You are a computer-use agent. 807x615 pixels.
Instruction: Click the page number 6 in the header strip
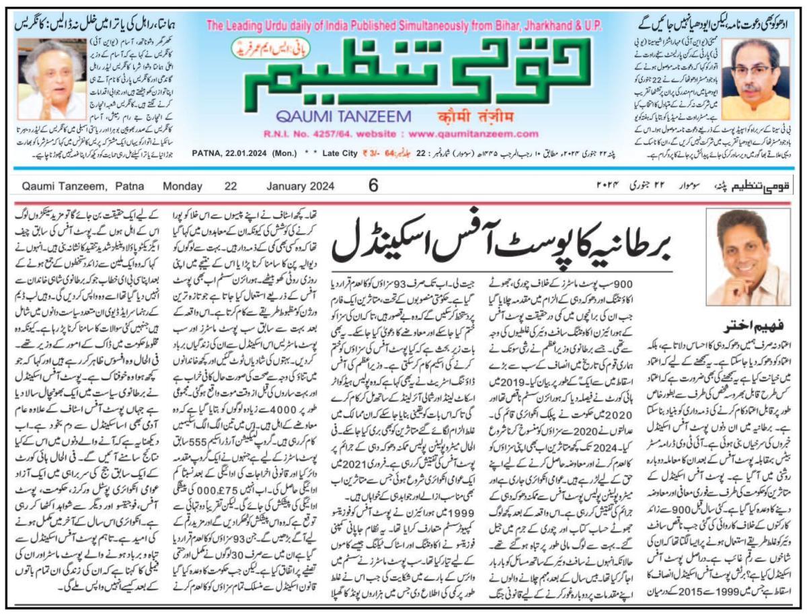pyautogui.click(x=373, y=184)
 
